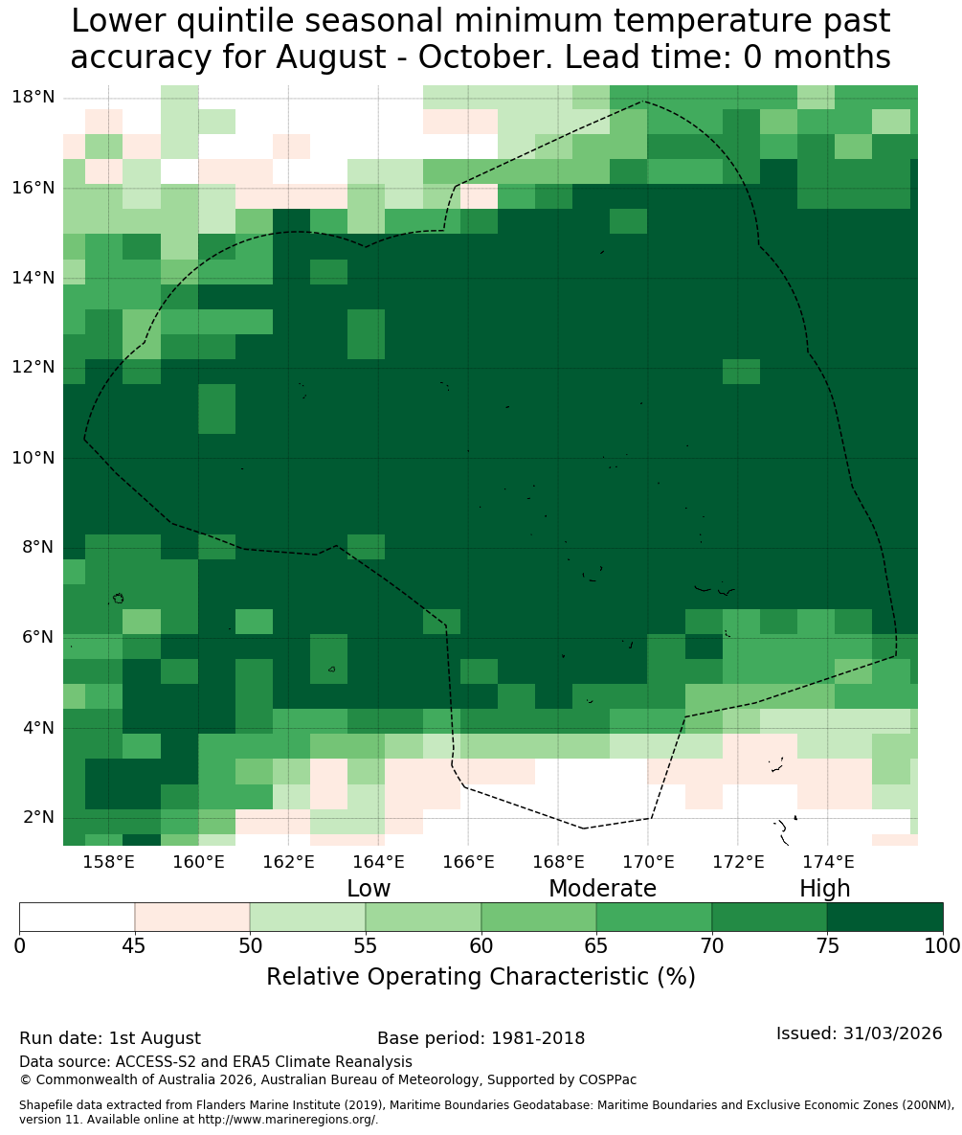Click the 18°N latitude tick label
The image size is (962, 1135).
(34, 97)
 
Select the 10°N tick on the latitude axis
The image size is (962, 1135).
(34, 458)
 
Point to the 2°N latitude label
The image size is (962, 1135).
(39, 817)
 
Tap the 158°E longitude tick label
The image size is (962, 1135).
(108, 861)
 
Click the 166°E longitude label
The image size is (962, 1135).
(468, 861)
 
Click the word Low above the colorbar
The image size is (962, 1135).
(369, 888)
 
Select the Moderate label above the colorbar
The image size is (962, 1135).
(602, 888)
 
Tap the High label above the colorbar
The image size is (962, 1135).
(824, 889)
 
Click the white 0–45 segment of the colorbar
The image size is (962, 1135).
(77, 918)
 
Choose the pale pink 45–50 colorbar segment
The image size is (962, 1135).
(192, 918)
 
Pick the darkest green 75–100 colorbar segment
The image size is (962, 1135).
(885, 918)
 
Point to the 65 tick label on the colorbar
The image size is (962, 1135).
(596, 946)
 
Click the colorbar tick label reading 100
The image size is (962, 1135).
(943, 946)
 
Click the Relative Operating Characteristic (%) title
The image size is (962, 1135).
(481, 976)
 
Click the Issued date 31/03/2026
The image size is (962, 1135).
(893, 1033)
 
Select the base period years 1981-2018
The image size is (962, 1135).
(538, 1038)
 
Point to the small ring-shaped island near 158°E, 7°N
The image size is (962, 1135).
(118, 598)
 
